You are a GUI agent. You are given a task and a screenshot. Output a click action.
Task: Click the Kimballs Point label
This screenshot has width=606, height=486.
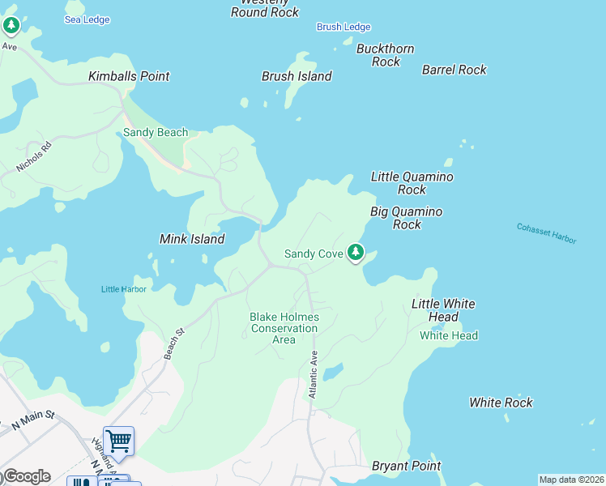129,76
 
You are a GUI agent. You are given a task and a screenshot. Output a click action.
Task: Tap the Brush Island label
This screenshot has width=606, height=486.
297,76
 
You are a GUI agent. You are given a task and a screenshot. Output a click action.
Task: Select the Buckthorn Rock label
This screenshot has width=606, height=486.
386,55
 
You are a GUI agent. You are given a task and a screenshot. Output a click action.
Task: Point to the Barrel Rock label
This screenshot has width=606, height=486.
454,70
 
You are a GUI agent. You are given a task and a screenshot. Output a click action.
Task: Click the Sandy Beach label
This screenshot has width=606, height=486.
156,132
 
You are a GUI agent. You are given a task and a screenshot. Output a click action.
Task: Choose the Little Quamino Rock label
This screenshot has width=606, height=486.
412,183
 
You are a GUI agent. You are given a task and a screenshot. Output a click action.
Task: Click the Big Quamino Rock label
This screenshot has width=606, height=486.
407,218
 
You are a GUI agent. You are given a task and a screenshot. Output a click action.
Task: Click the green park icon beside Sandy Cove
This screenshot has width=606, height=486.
355,253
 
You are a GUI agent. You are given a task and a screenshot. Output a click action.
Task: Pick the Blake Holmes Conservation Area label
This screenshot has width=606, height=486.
284,328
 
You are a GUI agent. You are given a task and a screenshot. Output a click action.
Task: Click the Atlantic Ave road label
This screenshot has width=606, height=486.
313,373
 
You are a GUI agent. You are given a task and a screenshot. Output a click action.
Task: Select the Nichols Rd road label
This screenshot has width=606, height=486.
33,157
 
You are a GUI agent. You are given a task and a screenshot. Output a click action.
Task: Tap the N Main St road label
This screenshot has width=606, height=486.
32,418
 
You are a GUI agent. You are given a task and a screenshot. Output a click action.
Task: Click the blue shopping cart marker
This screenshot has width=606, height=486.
118,441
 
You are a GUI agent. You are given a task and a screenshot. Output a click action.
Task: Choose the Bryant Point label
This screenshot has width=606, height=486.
406,466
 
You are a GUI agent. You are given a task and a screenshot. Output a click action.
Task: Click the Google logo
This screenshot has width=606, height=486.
26,476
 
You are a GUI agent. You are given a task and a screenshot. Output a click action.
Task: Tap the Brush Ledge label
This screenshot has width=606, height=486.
344,27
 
